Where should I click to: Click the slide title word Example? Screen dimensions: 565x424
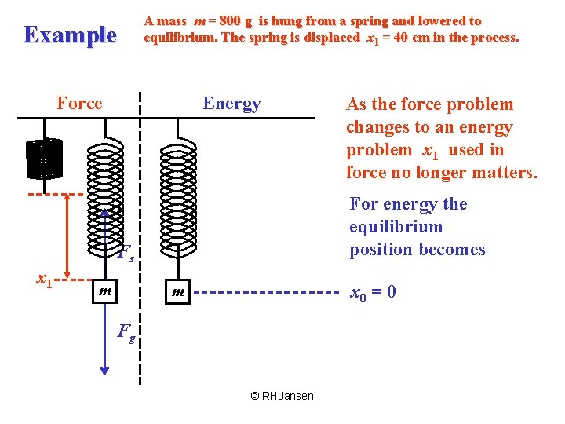click(x=70, y=35)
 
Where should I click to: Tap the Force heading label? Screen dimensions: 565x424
click(x=79, y=104)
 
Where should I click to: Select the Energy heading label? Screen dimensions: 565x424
click(x=231, y=104)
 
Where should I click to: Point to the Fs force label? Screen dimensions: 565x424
click(x=126, y=253)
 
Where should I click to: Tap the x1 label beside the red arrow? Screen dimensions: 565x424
click(x=46, y=278)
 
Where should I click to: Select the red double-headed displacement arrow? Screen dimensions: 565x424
click(x=68, y=236)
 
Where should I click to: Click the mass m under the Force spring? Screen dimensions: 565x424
click(x=104, y=291)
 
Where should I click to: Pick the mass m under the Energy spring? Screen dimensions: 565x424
click(x=179, y=292)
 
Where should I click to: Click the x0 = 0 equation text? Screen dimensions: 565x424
click(x=372, y=293)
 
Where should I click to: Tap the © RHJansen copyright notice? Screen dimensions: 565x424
click(x=282, y=396)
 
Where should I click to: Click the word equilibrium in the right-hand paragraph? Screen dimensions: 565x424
click(x=395, y=227)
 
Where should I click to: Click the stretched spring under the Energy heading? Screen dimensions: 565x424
click(x=178, y=196)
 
